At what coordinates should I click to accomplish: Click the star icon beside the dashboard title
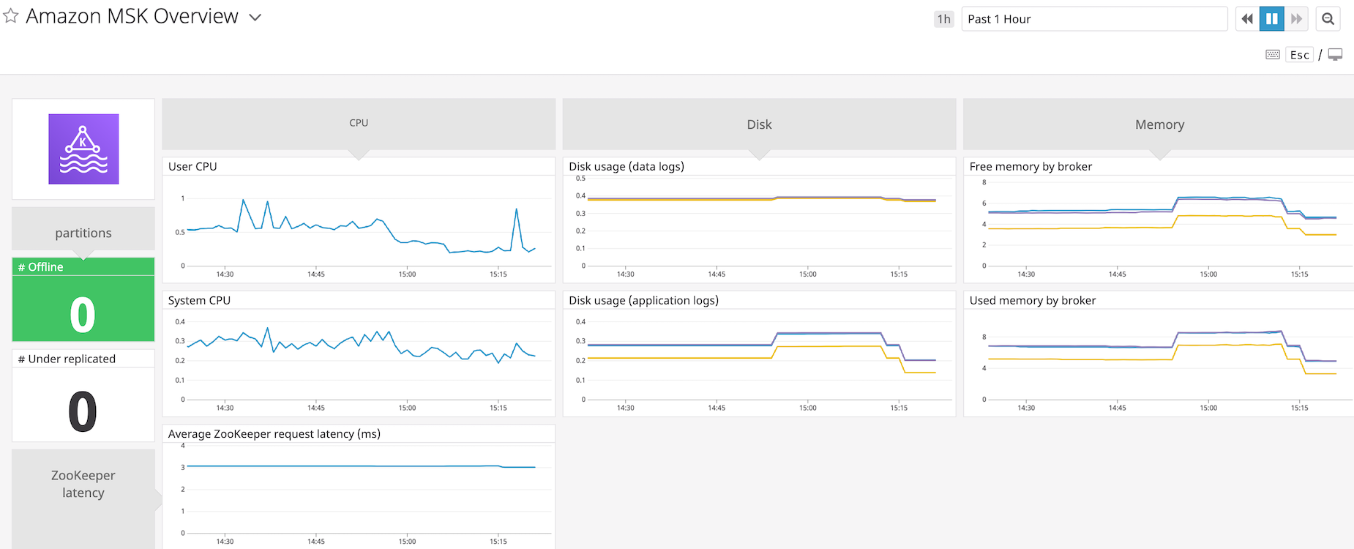[11, 16]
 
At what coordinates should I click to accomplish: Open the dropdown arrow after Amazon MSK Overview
[255, 18]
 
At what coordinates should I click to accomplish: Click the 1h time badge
[943, 19]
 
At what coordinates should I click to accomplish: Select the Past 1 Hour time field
[1093, 19]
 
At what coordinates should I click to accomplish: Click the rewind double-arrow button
[1247, 19]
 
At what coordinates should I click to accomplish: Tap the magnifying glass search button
[1328, 19]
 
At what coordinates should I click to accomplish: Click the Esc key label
[1299, 55]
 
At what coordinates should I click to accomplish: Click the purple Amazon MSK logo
[83, 149]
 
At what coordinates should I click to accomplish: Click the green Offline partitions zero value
[83, 315]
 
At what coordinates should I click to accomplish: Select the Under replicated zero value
[83, 411]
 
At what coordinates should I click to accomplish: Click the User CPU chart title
[192, 167]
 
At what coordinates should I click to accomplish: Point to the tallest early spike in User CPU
[243, 200]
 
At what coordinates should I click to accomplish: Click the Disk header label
[759, 124]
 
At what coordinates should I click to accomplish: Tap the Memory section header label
[1159, 124]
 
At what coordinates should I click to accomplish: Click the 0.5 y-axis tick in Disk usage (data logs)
[580, 179]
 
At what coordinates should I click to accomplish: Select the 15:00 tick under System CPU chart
[407, 408]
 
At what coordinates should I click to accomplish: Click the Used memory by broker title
[1032, 300]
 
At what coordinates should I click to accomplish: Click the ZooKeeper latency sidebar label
[83, 484]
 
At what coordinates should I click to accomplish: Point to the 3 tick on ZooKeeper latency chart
[183, 467]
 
